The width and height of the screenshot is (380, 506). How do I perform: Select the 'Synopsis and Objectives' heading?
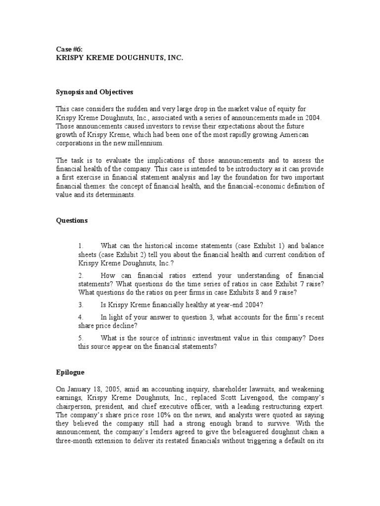click(94, 92)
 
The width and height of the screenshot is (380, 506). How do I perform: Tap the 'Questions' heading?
click(71, 220)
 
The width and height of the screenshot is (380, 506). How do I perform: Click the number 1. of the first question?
click(81, 246)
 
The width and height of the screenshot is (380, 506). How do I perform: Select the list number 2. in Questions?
click(81, 275)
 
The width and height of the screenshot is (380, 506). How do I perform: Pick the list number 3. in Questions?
click(81, 304)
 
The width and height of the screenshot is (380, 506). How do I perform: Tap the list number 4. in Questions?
click(81, 317)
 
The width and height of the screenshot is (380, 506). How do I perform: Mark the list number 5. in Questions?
click(81, 337)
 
